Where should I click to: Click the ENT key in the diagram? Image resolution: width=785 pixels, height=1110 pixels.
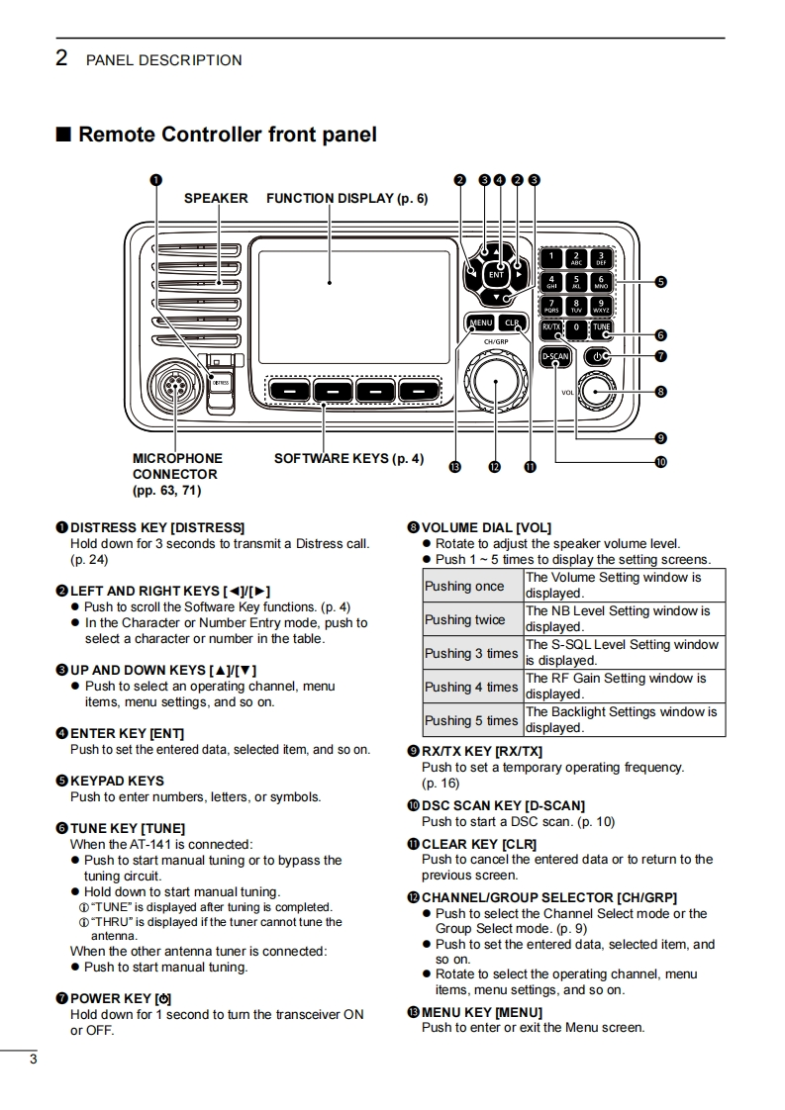[x=496, y=275]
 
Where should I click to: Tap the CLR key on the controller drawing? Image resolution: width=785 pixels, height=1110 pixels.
[x=512, y=323]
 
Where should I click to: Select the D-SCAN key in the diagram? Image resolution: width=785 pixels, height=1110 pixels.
[x=555, y=357]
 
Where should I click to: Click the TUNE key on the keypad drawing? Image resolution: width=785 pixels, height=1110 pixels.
[x=602, y=327]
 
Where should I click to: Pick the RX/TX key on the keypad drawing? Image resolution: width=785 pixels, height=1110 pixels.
[x=551, y=327]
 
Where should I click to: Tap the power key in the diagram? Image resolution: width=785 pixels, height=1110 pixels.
[x=597, y=357]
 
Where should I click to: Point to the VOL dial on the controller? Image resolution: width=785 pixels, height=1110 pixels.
[x=596, y=392]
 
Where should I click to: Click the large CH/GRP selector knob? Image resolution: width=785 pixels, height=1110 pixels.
[x=495, y=381]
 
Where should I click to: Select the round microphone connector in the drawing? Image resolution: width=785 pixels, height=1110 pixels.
[x=172, y=387]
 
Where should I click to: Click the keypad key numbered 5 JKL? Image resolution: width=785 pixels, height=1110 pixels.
[x=576, y=283]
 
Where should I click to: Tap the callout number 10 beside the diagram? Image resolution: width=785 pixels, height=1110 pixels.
[x=660, y=462]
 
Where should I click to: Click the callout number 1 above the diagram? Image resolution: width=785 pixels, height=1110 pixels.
[x=155, y=180]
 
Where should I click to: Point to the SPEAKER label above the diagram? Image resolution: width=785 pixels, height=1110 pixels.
[x=216, y=198]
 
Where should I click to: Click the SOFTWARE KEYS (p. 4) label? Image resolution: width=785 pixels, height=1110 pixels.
[x=349, y=459]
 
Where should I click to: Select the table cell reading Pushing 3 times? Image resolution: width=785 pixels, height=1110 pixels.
[x=472, y=653]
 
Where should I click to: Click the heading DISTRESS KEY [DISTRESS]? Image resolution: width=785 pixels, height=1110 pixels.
[x=157, y=527]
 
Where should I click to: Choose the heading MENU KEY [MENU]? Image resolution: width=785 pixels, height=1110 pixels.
[x=482, y=1012]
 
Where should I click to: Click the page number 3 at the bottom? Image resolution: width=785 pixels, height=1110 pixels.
[x=33, y=1060]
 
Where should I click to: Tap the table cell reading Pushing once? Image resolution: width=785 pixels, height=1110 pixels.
[x=472, y=586]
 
